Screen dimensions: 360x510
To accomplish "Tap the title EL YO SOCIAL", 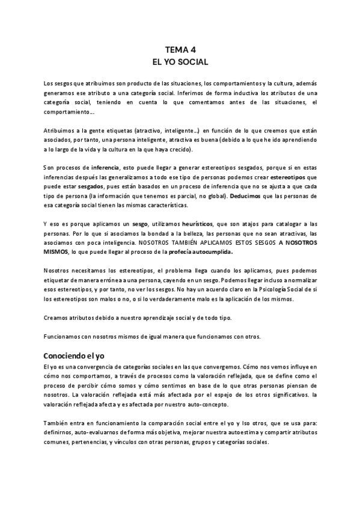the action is coord(180,62).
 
